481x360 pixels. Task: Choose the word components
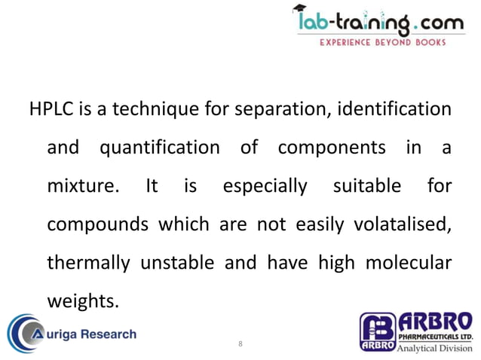tap(332, 148)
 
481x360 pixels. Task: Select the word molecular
tap(409, 263)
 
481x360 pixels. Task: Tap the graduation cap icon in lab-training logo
tap(301, 12)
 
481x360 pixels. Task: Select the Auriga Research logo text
tap(88, 334)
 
